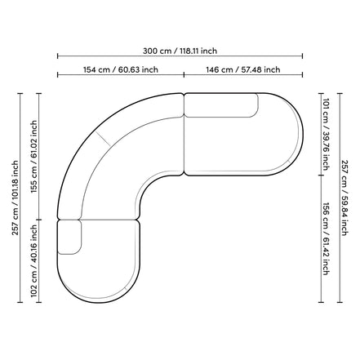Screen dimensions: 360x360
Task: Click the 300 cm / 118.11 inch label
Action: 180,51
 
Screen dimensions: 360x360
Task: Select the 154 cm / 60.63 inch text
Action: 121,69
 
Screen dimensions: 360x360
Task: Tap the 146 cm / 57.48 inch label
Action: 242,69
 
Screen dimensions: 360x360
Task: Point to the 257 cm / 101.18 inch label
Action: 16,198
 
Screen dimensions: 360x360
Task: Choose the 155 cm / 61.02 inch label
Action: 33,157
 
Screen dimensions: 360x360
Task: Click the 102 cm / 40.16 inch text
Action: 33,261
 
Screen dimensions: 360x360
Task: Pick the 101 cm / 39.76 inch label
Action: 327,134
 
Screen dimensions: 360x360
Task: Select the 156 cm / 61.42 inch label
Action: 327,238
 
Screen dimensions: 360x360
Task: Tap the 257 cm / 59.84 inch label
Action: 344,198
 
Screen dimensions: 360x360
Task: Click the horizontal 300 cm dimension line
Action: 180,56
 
